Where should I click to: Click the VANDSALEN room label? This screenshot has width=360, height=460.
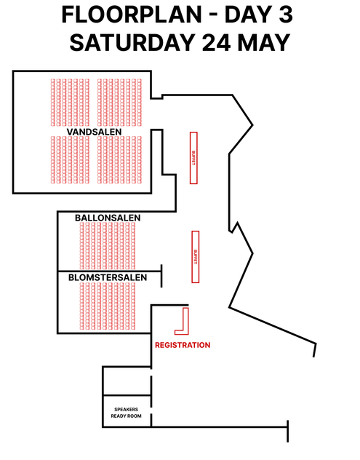point(94,132)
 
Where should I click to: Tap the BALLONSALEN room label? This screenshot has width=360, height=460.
point(108,218)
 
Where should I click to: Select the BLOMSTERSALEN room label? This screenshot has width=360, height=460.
point(108,277)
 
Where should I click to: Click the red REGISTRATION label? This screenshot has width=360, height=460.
point(183,345)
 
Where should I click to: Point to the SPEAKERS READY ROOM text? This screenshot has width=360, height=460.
point(126,413)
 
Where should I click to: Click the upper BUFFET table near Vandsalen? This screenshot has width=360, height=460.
point(193,158)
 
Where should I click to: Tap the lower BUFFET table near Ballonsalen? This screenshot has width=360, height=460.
point(195,257)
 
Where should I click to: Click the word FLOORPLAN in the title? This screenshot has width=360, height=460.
point(132,15)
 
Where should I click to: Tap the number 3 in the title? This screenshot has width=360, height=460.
point(286,15)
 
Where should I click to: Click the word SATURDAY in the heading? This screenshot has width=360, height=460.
point(132,42)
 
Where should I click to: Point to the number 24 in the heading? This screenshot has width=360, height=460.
point(216,42)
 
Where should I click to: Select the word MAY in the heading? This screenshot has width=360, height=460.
point(264,42)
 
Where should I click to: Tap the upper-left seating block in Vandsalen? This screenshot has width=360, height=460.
point(70,103)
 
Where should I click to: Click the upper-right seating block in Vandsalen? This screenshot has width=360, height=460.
point(119,103)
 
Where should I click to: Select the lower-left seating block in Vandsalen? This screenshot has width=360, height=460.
point(70,160)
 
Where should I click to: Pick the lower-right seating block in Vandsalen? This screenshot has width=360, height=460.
point(119,160)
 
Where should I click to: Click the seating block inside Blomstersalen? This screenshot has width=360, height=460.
point(108,306)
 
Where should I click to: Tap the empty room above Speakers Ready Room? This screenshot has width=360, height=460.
point(127,381)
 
